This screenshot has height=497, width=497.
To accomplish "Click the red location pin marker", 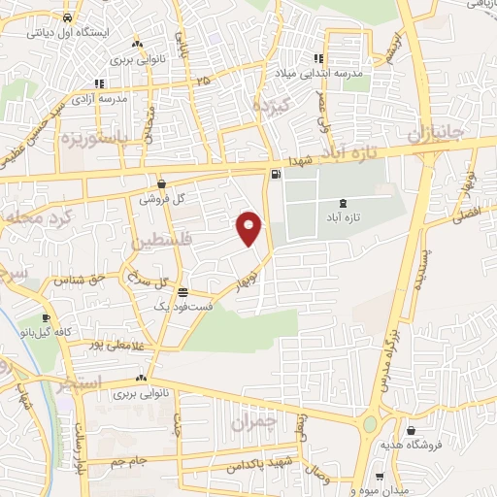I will pos(249,227).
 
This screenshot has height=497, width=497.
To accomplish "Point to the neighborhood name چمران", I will pos(254,422).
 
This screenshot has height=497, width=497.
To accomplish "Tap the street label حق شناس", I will pos(76,281).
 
